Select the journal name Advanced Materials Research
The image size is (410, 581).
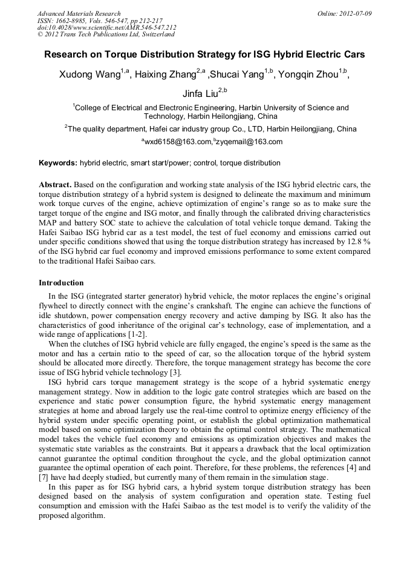(x=79, y=13)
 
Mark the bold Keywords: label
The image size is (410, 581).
(x=58, y=163)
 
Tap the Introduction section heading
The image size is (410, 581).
(x=61, y=283)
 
